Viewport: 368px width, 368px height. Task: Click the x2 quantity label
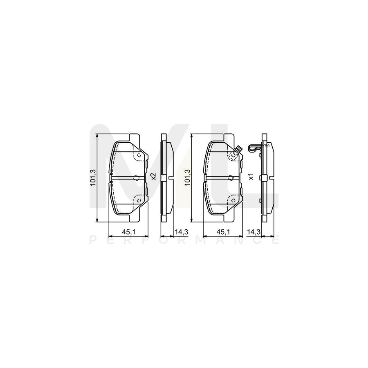tap(153, 177)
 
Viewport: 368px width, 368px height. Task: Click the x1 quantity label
tap(251, 177)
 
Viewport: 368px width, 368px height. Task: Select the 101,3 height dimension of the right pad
tap(188, 177)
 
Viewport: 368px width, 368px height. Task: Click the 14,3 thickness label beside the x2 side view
tap(181, 232)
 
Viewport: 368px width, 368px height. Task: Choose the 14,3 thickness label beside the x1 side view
tap(254, 232)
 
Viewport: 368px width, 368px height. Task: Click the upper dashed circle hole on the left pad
tap(138, 155)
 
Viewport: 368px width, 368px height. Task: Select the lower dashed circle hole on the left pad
tap(138, 200)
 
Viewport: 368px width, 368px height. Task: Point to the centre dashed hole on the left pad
tap(136, 177)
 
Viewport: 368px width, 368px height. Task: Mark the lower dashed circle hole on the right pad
tap(232, 200)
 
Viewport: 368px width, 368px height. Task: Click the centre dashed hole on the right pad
tap(230, 177)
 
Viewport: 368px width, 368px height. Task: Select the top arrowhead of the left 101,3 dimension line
tap(97, 136)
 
